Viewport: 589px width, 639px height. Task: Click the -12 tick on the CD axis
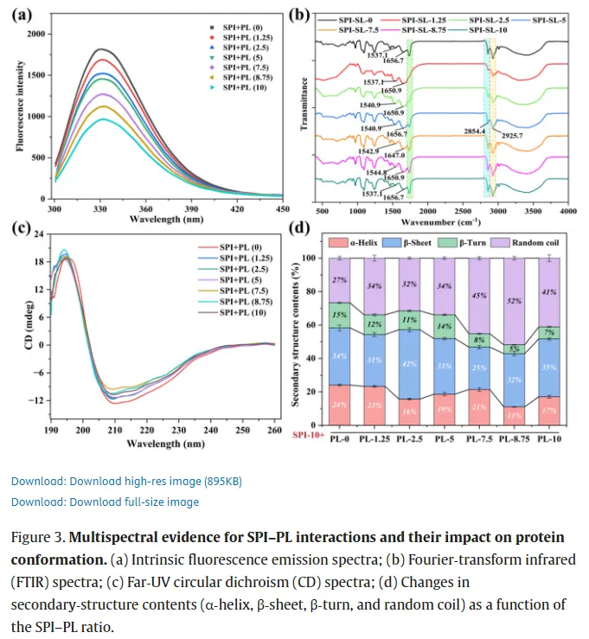[x=37, y=401]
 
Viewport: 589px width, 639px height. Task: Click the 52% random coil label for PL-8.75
[x=515, y=298]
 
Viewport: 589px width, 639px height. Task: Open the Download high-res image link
[x=116, y=481]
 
